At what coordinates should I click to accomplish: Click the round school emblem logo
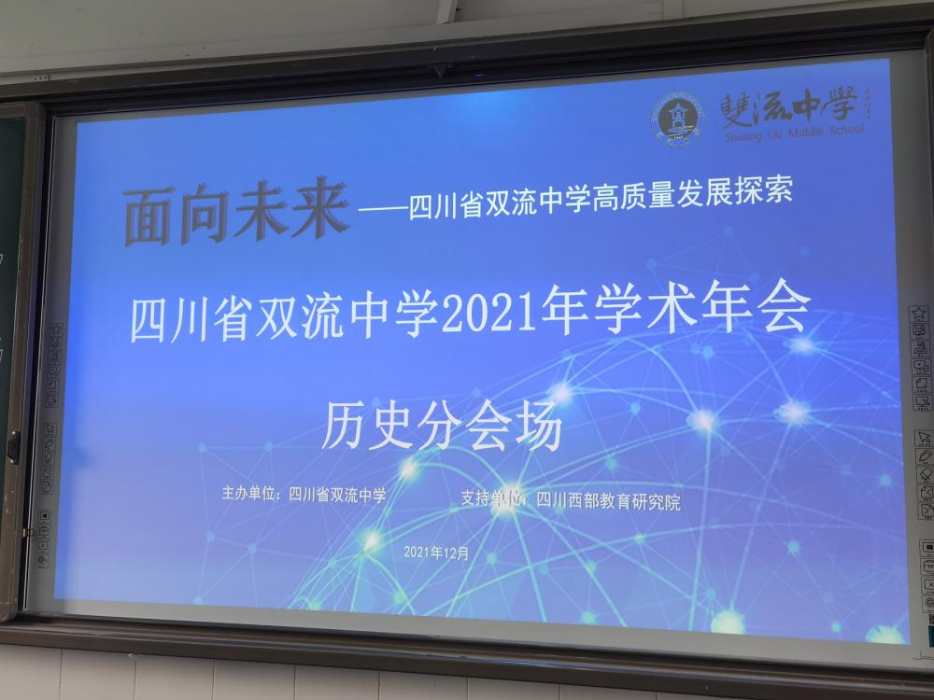coord(678,119)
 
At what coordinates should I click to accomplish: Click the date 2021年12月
coord(436,553)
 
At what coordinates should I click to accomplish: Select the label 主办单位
coord(247,495)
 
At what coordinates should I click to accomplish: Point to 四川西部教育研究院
coord(608,501)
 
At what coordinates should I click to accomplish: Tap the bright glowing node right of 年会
coord(800,345)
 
